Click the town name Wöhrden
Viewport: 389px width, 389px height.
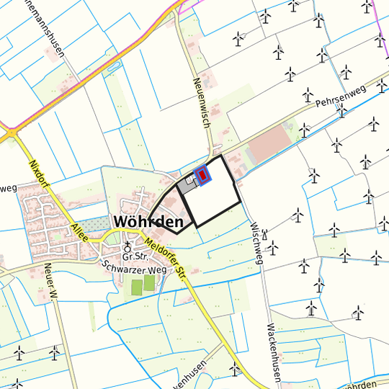point(148,222)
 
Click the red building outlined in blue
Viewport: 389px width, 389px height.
point(203,175)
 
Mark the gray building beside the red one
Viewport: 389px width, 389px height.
point(189,185)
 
